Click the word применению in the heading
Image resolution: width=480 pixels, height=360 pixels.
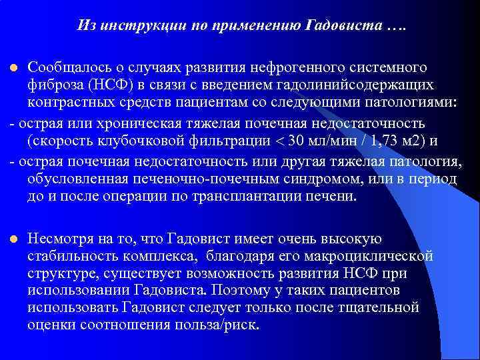[x=259, y=26]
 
